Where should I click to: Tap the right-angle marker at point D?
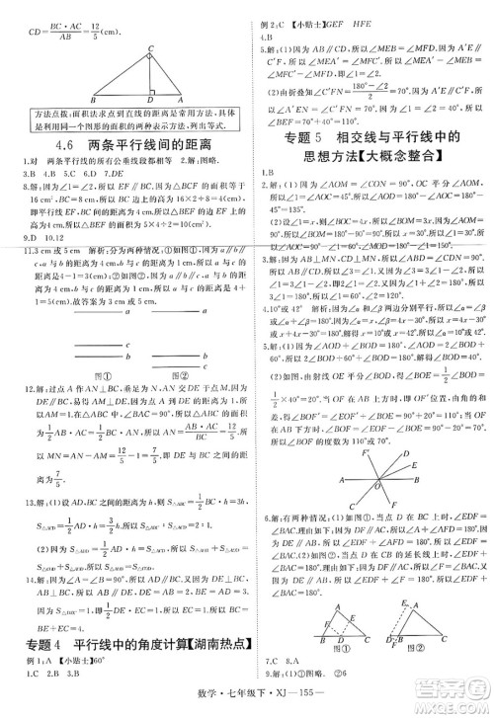(144, 96)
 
